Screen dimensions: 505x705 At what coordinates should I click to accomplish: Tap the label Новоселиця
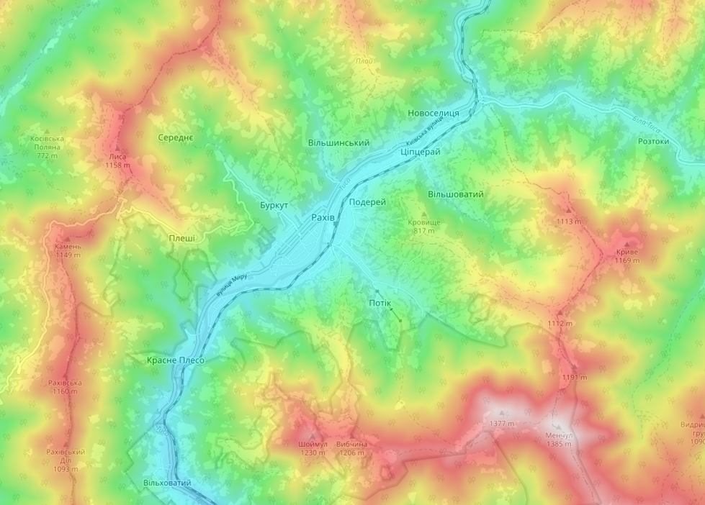(434, 114)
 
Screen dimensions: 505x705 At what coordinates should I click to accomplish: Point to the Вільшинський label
(338, 143)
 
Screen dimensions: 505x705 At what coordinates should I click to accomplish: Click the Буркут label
(274, 206)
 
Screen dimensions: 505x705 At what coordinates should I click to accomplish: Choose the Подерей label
(367, 202)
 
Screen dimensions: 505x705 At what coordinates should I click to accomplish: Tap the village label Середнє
(176, 137)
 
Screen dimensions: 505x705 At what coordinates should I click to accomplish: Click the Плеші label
(181, 237)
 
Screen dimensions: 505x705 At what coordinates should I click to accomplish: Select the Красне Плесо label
(176, 360)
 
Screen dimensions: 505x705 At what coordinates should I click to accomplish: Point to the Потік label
(380, 303)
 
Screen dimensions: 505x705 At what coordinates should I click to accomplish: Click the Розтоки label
(653, 142)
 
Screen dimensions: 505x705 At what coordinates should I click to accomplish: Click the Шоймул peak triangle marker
(312, 436)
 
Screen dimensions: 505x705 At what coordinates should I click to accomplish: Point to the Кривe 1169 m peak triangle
(627, 245)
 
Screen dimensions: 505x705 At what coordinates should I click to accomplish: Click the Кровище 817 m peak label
(424, 227)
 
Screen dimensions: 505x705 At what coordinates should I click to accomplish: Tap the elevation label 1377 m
(502, 424)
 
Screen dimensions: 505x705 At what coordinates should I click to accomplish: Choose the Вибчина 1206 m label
(352, 448)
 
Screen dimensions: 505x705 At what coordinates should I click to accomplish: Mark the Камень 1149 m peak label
(68, 250)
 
